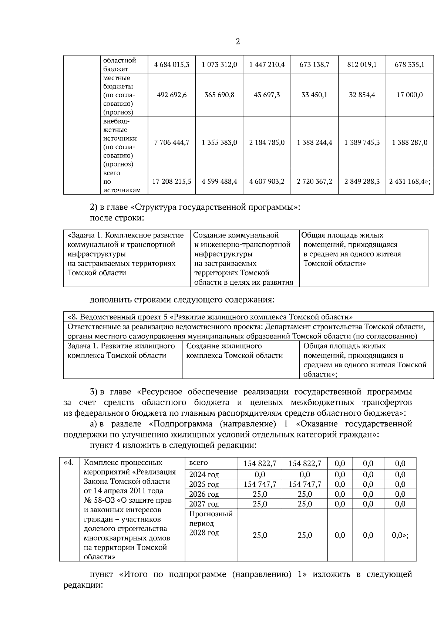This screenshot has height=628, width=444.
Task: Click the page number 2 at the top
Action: tap(238, 41)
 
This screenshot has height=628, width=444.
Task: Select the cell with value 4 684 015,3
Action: tap(172, 65)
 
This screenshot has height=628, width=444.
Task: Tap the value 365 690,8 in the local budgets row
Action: tap(219, 95)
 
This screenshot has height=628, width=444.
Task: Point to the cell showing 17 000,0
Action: tap(410, 95)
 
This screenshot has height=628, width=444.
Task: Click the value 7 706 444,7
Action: tap(172, 142)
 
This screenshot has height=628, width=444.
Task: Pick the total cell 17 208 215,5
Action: tap(172, 182)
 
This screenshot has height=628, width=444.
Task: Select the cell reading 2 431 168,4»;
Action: tap(410, 182)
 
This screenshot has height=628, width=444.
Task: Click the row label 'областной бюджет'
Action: tap(119, 65)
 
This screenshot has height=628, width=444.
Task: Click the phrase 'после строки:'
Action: tap(117, 218)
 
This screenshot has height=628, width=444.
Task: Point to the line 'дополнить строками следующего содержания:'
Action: tap(182, 299)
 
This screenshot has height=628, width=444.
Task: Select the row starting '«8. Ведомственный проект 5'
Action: tap(210, 317)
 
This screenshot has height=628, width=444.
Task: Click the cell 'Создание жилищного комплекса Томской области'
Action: tap(234, 351)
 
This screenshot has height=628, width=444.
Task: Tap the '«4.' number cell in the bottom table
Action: tap(69, 463)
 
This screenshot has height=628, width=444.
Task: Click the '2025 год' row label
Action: tap(204, 484)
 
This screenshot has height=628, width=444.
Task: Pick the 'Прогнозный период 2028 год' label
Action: tap(211, 523)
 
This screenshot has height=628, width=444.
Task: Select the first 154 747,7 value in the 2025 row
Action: tap(260, 484)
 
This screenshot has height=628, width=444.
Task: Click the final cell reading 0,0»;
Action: tap(400, 535)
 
